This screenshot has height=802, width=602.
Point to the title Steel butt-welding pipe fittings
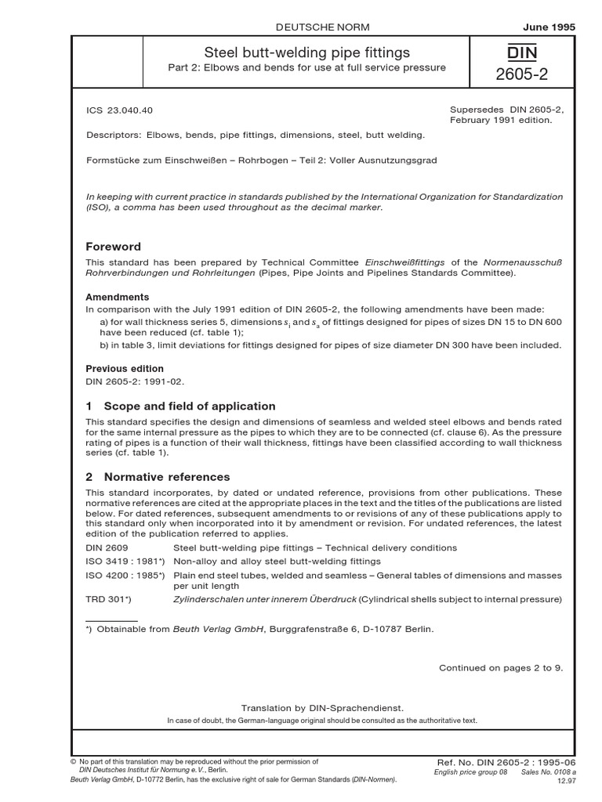pyautogui.click(x=306, y=52)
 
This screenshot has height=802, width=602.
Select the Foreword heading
pyautogui.click(x=114, y=246)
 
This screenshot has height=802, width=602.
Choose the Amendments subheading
pyautogui.click(x=117, y=298)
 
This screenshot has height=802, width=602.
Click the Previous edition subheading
pyautogui.click(x=125, y=368)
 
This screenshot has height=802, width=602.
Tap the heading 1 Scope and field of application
pyautogui.click(x=180, y=406)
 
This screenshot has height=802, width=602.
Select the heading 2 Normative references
pyautogui.click(x=158, y=476)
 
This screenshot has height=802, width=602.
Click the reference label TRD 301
pyautogui.click(x=108, y=599)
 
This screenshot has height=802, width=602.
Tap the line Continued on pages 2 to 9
pyautogui.click(x=500, y=668)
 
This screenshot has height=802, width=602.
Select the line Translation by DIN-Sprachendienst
pyautogui.click(x=322, y=707)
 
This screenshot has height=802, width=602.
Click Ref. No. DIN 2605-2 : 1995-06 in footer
pyautogui.click(x=505, y=762)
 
